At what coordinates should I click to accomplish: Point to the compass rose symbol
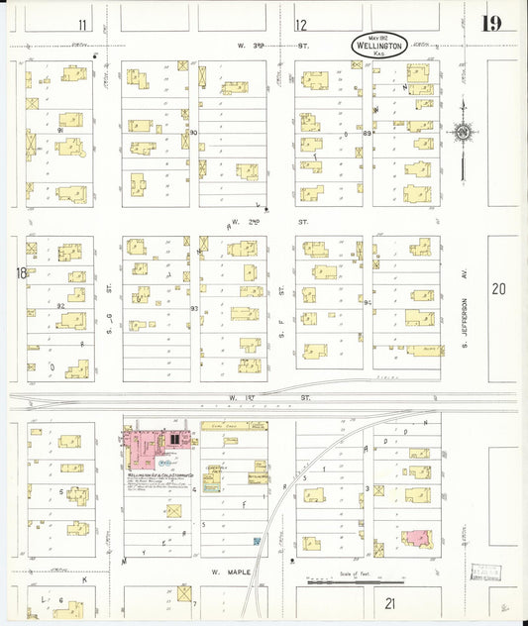point(462,131)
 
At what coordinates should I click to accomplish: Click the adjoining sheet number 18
point(19,273)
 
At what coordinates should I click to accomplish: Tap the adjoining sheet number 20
point(498,289)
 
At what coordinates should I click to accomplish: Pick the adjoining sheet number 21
point(389,602)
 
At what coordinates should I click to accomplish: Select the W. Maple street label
point(227,573)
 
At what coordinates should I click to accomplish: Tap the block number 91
point(60,130)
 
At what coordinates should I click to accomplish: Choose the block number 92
point(60,307)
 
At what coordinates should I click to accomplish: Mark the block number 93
point(194,309)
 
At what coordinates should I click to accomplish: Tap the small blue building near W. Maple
point(258,541)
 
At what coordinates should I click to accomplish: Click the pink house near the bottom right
point(416,538)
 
